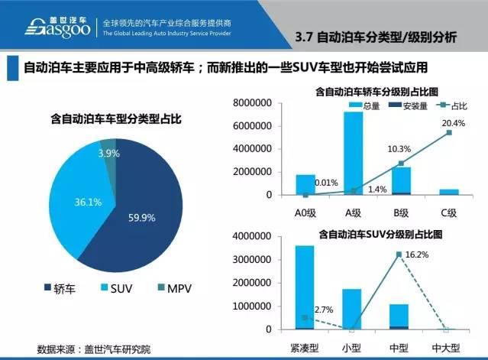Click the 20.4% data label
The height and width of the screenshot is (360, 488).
tap(453, 122)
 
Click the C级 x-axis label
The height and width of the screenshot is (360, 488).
tap(448, 212)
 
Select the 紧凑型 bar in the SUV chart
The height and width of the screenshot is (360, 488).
tap(304, 287)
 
